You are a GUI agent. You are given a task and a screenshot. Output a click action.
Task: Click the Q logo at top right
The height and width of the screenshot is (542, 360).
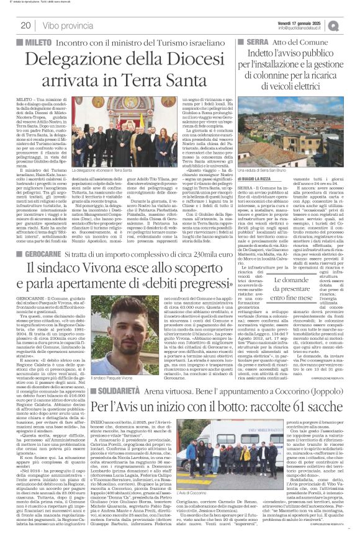coord(352,25)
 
